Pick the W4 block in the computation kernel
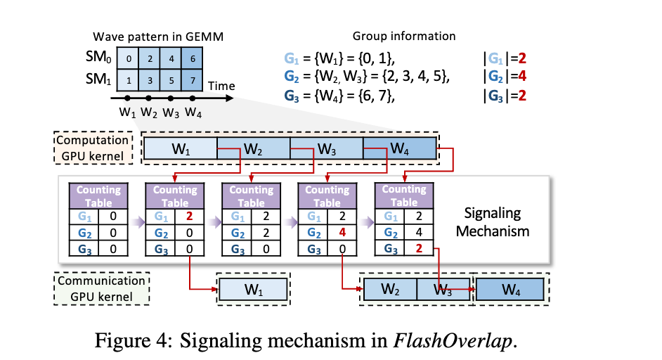(x=401, y=149)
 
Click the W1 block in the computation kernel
(x=180, y=149)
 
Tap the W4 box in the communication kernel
(x=512, y=289)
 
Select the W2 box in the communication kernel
(x=389, y=289)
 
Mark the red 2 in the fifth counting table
(x=419, y=247)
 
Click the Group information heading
(x=404, y=36)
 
